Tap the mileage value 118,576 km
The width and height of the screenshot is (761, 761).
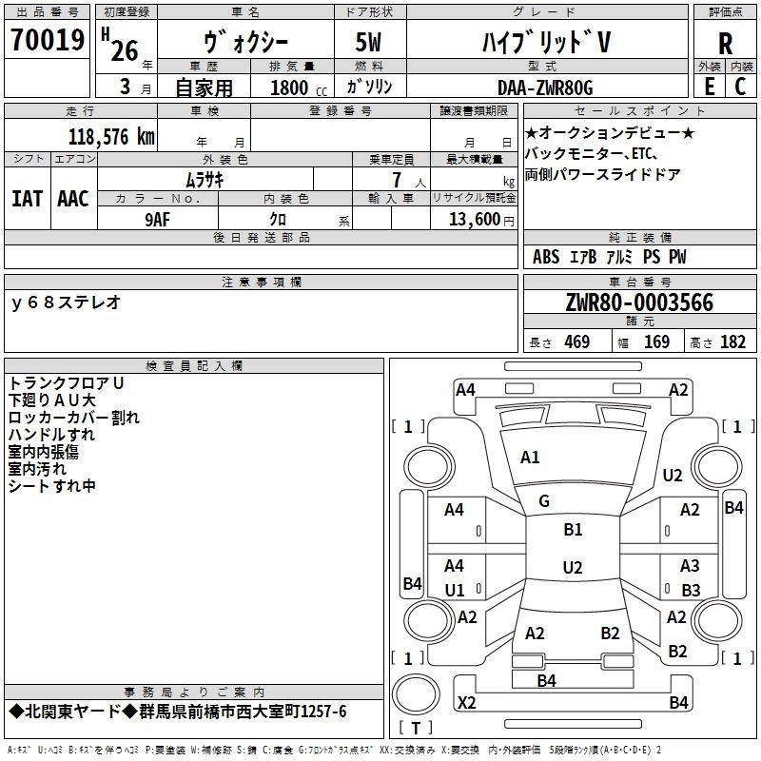pos(111,136)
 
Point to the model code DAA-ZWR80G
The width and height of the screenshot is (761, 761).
pos(545,88)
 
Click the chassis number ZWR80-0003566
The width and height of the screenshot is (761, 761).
pos(638,302)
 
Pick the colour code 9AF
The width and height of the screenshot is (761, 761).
pos(158,219)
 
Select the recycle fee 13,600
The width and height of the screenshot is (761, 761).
pos(473,219)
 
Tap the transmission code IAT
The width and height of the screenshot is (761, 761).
pos(27,199)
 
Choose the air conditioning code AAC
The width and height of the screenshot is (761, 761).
pos(72,199)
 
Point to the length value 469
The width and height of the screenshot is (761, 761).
pos(576,342)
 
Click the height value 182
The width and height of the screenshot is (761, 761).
pos(732,342)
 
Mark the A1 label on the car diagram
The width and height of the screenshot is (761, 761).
pos(530,458)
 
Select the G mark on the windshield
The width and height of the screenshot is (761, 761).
pos(544,500)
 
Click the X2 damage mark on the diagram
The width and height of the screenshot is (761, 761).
pos(466,703)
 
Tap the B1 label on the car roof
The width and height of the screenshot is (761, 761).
pos(573,529)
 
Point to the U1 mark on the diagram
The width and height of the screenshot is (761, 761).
pos(455,590)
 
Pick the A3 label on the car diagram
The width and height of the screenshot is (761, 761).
pos(690,566)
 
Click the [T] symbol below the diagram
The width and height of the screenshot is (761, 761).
pos(416,729)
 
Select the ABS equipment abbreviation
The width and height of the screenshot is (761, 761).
pos(546,257)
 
